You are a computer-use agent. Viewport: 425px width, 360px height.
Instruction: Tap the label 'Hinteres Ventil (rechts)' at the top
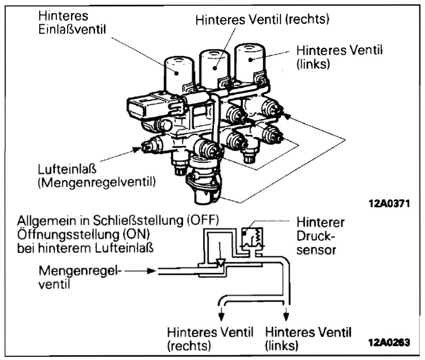pos(262,20)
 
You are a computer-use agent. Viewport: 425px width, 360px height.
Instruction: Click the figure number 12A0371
pos(389,202)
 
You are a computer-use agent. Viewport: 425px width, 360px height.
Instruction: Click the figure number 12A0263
pos(389,342)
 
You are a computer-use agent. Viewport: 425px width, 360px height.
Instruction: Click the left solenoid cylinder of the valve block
pos(179,72)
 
